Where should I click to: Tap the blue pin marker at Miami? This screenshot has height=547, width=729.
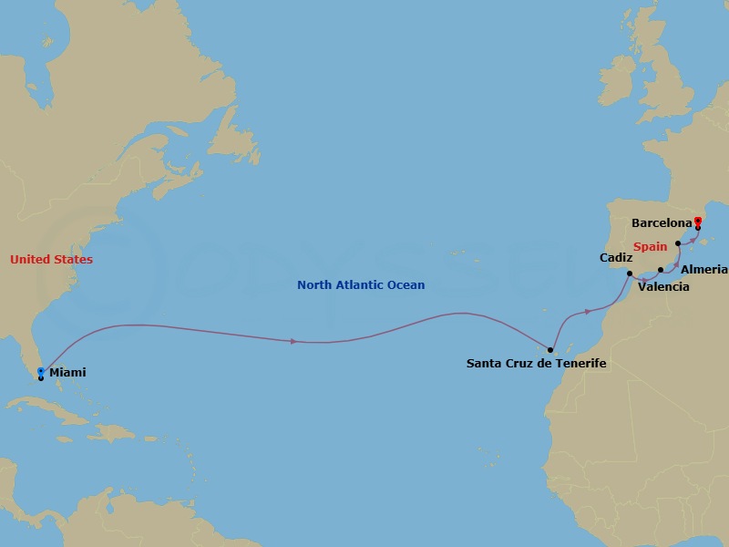(41, 371)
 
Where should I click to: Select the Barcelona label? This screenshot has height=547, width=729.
(662, 222)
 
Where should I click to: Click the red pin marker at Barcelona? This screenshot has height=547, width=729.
(698, 221)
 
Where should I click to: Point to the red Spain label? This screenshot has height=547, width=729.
(651, 246)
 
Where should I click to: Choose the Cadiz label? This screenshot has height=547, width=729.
(616, 258)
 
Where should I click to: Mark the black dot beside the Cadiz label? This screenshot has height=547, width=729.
(630, 273)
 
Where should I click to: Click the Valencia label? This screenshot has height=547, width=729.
(663, 287)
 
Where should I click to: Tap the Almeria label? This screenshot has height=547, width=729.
(704, 270)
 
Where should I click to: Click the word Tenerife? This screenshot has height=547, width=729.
(579, 364)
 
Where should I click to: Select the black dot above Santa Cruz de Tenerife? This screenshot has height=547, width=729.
(550, 349)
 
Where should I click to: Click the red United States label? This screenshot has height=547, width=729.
(51, 260)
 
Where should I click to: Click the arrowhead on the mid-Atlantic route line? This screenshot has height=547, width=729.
(293, 341)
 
